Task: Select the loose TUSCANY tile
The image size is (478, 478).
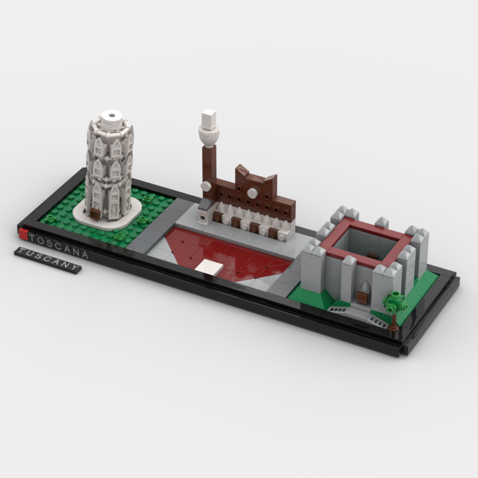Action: tap(48, 260)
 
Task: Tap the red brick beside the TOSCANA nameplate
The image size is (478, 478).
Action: tap(23, 234)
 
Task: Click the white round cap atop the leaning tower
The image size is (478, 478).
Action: tap(112, 118)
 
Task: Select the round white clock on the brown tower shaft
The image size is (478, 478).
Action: tap(206, 186)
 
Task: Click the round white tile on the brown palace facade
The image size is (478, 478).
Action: tap(252, 193)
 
